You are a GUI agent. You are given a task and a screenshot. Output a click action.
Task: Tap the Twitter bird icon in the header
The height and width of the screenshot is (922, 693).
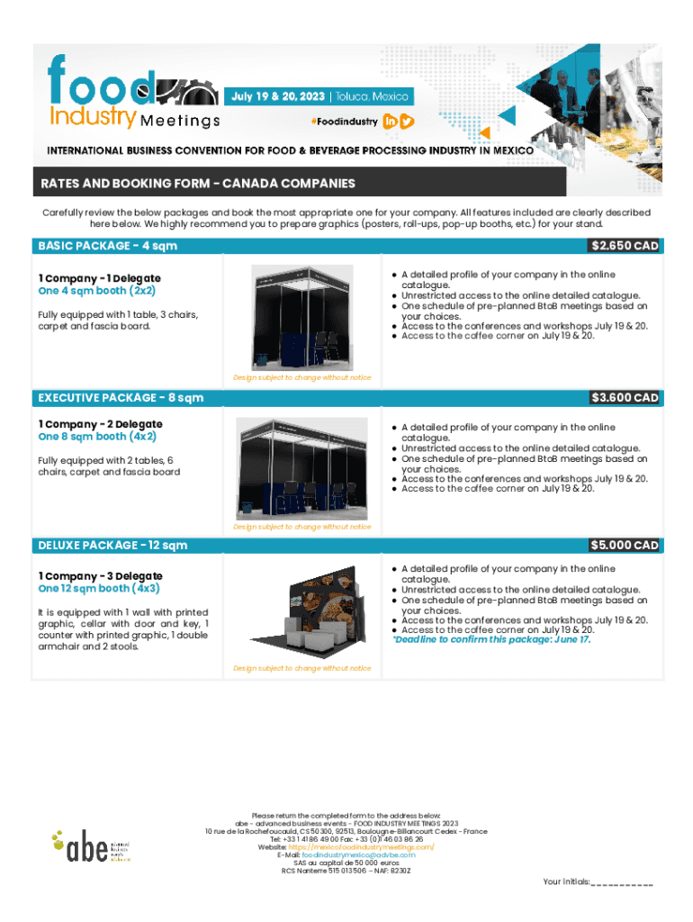pos(407,122)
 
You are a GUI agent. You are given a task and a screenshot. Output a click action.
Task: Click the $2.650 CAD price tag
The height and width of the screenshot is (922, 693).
pos(625,246)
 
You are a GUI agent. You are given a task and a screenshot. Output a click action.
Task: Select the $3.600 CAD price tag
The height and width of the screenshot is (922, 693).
pos(625,397)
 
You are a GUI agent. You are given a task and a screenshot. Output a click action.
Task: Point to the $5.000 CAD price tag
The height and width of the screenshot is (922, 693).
pos(625,545)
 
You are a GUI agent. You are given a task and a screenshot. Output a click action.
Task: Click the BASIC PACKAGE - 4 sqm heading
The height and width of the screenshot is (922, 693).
pos(108,246)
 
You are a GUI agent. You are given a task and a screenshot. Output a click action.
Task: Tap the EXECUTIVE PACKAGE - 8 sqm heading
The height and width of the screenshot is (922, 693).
pos(121,397)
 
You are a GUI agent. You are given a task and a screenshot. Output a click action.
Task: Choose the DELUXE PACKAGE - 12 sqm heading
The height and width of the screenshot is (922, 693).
pos(112,545)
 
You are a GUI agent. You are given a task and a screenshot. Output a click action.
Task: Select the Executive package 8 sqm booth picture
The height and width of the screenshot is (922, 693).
pos(301,468)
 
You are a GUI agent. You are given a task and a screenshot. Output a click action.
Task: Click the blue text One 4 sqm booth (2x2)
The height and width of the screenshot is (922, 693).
pos(96,292)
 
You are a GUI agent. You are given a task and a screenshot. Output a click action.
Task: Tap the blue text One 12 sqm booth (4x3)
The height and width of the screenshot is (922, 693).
pos(99,589)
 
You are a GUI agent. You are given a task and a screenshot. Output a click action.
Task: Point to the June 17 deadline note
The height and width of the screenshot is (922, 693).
pos(491,640)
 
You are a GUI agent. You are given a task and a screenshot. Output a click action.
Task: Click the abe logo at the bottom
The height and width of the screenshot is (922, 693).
pos(90,845)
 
